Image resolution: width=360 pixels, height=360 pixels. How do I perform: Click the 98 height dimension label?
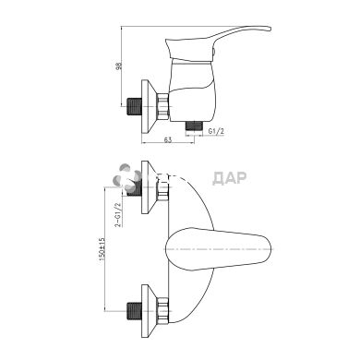(118, 66)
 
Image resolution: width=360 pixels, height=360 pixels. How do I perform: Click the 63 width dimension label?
(168, 140)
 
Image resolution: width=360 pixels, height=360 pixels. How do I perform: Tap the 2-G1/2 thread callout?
(118, 214)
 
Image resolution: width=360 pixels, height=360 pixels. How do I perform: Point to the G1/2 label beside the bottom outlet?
(216, 131)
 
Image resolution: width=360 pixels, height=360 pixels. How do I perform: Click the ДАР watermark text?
(230, 178)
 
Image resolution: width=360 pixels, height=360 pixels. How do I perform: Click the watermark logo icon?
(126, 178)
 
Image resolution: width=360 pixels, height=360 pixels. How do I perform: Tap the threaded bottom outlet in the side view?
(194, 126)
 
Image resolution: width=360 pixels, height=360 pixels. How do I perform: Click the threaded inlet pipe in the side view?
(135, 106)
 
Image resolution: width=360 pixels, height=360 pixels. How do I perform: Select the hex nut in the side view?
(163, 106)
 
